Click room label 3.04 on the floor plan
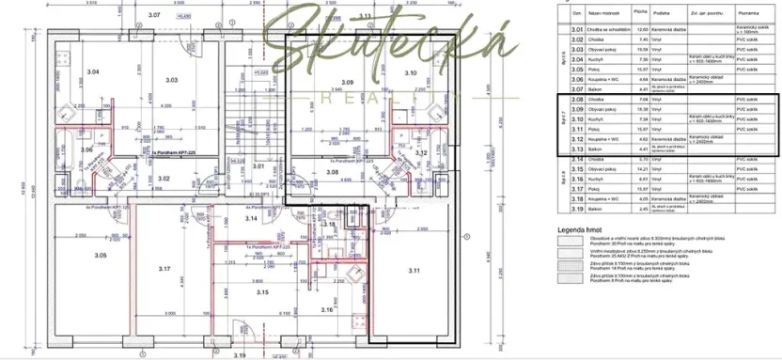pos(92,71)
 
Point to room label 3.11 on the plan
pos(414,270)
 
